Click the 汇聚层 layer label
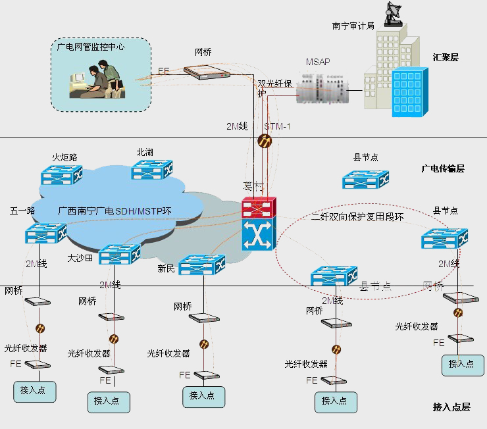point(446,57)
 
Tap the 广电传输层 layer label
point(443,169)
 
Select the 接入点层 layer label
point(451,407)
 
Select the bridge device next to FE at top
point(207,72)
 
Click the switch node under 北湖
point(152,170)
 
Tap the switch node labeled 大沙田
point(119,253)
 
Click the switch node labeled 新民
point(202,265)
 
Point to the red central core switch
point(259,208)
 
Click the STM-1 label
point(277,126)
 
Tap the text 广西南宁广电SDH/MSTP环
point(115,211)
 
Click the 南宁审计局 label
point(353,26)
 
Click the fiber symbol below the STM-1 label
point(265,140)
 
